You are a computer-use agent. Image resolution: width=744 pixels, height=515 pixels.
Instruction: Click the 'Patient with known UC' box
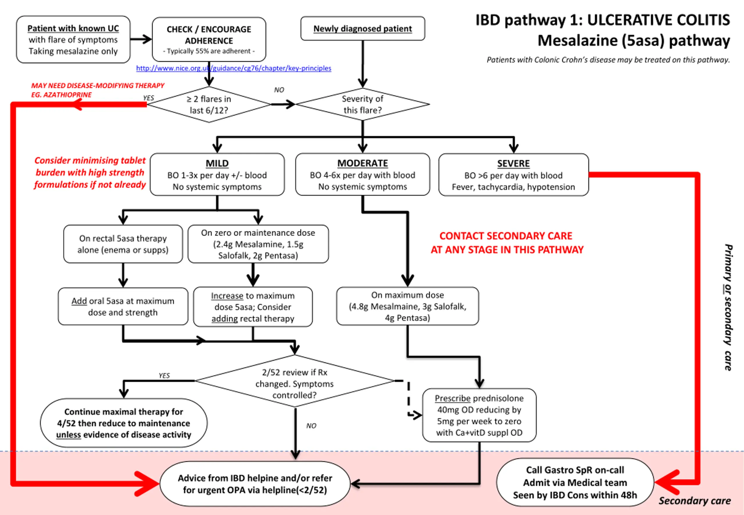pyautogui.click(x=73, y=39)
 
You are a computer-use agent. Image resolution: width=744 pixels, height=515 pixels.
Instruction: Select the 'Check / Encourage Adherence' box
pyautogui.click(x=209, y=39)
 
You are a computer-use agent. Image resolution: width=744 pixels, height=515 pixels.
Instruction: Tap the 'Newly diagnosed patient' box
pyautogui.click(x=363, y=28)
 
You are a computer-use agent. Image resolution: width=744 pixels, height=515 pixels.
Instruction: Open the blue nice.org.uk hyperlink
pyautogui.click(x=234, y=68)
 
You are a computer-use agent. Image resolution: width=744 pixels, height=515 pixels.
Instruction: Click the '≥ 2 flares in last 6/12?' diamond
pyautogui.click(x=209, y=105)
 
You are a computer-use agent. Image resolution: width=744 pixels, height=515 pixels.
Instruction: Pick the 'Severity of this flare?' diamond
pyautogui.click(x=363, y=104)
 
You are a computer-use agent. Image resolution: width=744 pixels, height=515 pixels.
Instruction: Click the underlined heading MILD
pyautogui.click(x=217, y=163)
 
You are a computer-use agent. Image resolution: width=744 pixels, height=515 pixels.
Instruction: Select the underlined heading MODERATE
pyautogui.click(x=363, y=163)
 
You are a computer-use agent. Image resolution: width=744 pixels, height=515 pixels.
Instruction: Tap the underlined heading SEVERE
pyautogui.click(x=513, y=164)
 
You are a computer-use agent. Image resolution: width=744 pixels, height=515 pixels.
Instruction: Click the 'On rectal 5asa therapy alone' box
pyautogui.click(x=123, y=244)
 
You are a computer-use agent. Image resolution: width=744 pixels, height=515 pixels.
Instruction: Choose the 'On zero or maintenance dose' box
pyautogui.click(x=258, y=244)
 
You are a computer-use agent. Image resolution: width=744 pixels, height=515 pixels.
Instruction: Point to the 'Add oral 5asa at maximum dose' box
pyautogui.click(x=123, y=306)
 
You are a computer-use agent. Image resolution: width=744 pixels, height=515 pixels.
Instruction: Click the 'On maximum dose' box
pyautogui.click(x=407, y=306)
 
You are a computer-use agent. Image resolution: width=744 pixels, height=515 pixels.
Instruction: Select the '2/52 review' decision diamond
pyautogui.click(x=295, y=381)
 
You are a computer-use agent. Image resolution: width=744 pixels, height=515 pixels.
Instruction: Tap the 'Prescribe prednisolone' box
pyautogui.click(x=480, y=415)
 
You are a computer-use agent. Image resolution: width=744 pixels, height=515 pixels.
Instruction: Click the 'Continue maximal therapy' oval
pyautogui.click(x=124, y=423)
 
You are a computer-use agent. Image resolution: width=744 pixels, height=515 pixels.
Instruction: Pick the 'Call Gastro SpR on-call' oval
pyautogui.click(x=575, y=482)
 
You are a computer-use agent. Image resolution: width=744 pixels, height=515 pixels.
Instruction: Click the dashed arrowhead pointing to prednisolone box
pyautogui.click(x=418, y=415)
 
